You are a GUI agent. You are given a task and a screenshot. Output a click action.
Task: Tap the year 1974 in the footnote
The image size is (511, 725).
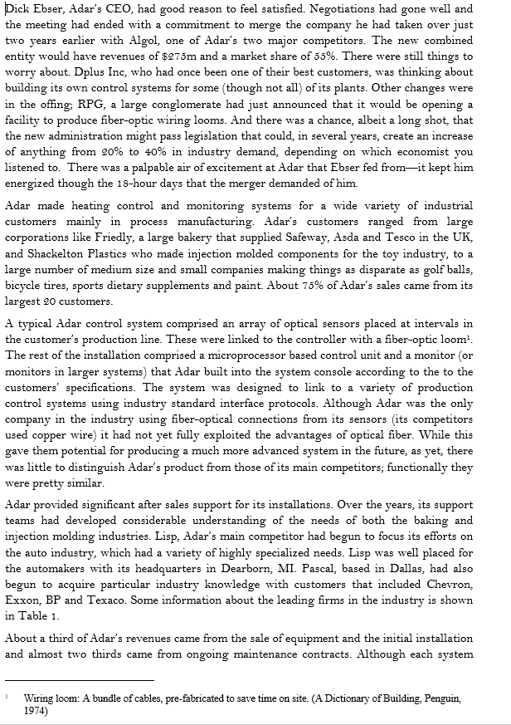coord(34,711)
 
